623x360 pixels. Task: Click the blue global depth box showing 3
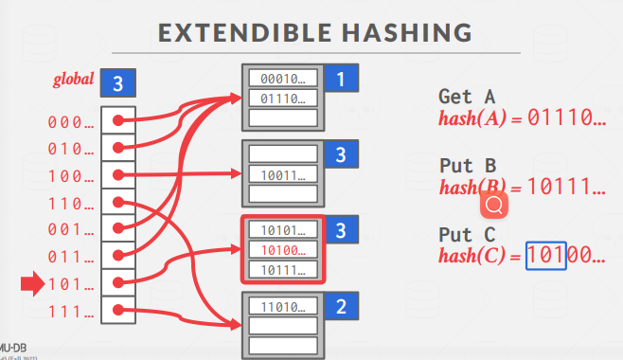click(119, 83)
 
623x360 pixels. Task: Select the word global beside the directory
click(73, 79)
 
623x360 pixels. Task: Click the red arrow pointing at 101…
click(31, 282)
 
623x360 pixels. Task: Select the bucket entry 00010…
click(282, 79)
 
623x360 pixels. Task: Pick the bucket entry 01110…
click(282, 98)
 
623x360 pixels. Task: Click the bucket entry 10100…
click(282, 250)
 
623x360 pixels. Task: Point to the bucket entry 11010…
click(282, 308)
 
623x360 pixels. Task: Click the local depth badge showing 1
click(340, 81)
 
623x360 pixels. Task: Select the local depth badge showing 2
click(340, 307)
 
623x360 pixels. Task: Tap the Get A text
click(468, 97)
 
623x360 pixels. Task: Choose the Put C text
click(468, 234)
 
